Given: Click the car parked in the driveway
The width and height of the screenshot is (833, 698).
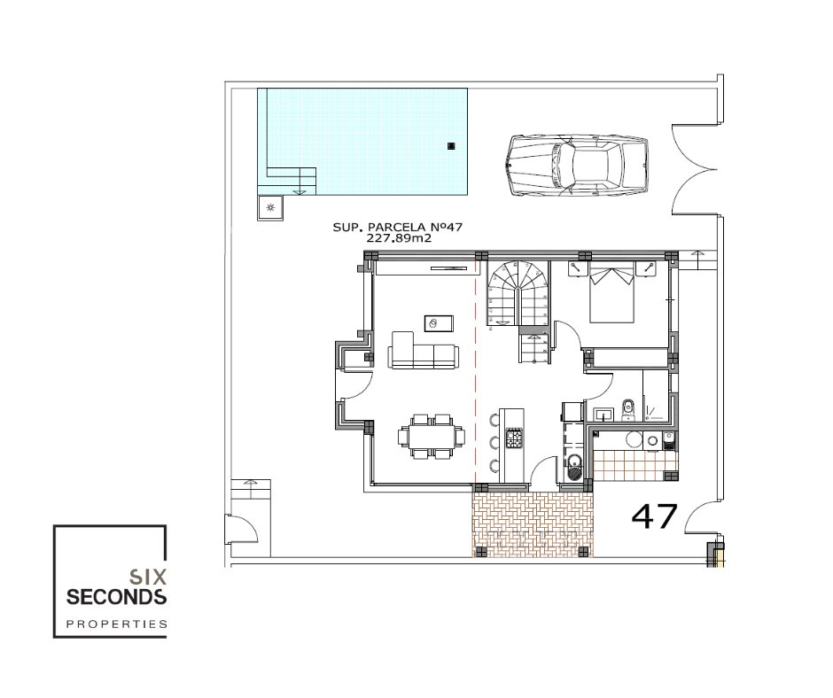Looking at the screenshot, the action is (x=578, y=166).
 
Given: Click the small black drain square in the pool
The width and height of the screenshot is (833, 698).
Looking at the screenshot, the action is (x=451, y=145).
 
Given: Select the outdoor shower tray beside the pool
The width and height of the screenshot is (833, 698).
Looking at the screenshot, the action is (x=270, y=207).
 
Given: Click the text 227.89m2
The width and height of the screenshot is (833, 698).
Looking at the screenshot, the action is (x=399, y=238).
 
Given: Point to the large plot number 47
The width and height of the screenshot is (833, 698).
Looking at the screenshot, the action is (x=655, y=516).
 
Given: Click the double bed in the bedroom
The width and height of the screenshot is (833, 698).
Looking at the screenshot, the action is (x=612, y=294).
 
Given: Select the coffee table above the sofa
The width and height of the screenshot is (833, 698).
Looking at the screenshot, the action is (x=439, y=322).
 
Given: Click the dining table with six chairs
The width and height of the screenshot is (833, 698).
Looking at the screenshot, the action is (x=432, y=436).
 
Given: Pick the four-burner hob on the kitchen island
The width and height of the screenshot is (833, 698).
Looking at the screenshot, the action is (x=514, y=438).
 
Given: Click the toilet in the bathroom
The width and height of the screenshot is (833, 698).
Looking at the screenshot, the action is (x=628, y=411).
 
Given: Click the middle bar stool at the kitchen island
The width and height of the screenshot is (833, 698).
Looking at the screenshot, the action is (x=494, y=442).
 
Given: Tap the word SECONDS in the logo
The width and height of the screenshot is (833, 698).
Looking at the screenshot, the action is (x=116, y=596).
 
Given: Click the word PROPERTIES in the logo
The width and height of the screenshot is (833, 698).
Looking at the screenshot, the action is (x=116, y=624).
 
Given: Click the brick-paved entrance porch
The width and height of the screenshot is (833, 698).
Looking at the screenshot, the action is (x=533, y=523).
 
